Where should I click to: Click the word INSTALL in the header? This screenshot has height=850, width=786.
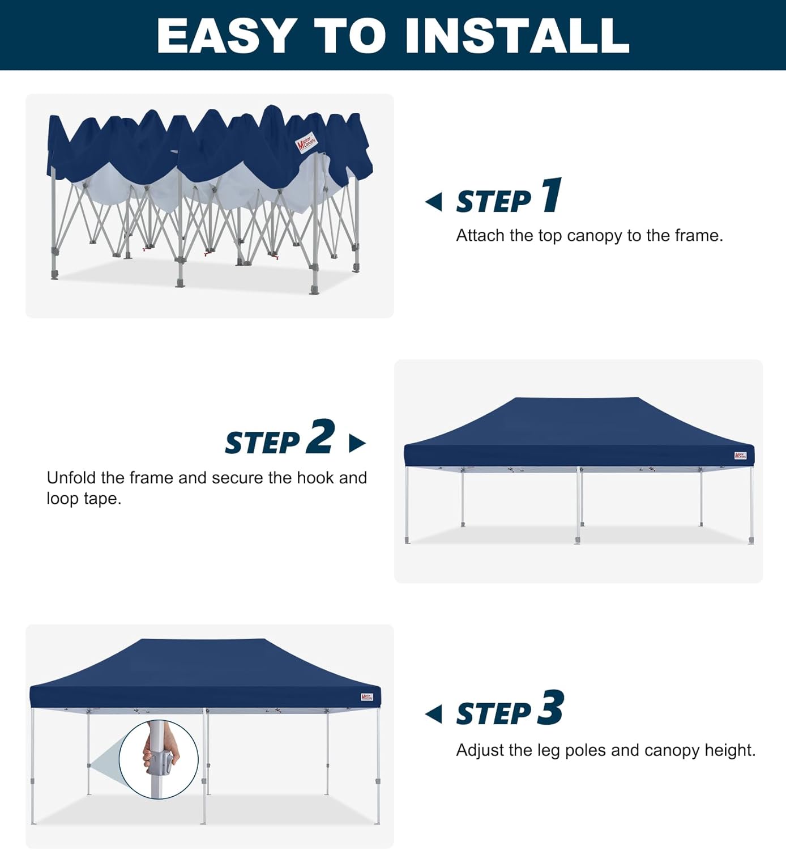(x=517, y=36)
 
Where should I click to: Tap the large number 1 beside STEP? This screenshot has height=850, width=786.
(x=551, y=195)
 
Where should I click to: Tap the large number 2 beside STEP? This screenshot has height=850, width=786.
(x=321, y=436)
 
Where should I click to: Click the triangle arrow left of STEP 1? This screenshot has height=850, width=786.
(x=434, y=202)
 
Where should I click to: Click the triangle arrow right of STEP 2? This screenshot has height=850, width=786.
(x=357, y=443)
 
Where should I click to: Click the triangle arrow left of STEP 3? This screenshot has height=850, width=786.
(x=434, y=714)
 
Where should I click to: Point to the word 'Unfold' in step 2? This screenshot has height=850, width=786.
(x=71, y=478)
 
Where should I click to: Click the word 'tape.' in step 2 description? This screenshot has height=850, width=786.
(x=102, y=499)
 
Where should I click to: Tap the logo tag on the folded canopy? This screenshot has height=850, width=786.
(x=306, y=143)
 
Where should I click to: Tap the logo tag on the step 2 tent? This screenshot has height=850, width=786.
(x=740, y=456)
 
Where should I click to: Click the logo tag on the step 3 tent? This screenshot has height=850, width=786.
(x=367, y=697)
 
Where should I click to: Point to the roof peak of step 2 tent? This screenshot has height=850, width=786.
(x=578, y=398)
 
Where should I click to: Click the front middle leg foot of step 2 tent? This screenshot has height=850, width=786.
(x=578, y=540)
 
